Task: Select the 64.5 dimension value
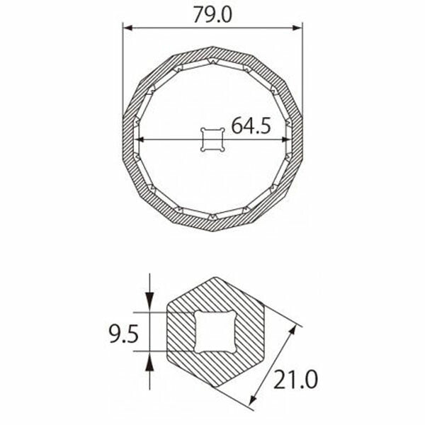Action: pyautogui.click(x=250, y=127)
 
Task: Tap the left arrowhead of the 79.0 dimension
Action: pyautogui.click(x=127, y=29)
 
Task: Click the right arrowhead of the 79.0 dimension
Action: pyautogui.click(x=299, y=29)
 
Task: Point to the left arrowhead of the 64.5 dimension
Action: pyautogui.click(x=137, y=139)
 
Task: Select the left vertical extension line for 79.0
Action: pyautogui.click(x=123, y=71)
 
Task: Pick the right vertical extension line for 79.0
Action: pyautogui.click(x=302, y=71)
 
